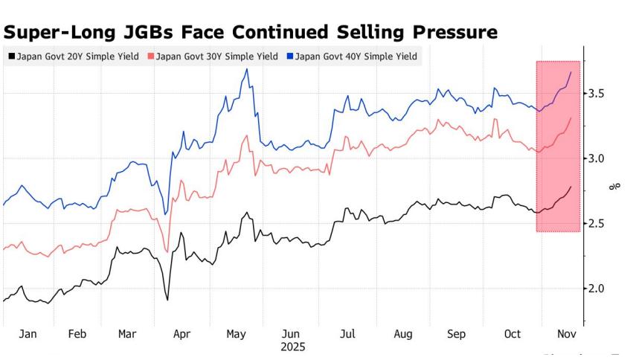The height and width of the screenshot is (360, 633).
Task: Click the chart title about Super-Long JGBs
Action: (x=251, y=33)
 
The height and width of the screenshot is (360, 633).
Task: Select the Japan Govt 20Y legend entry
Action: (x=74, y=57)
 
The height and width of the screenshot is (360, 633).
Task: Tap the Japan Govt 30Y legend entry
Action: (x=214, y=57)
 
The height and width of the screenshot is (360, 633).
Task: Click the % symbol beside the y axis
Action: (x=615, y=187)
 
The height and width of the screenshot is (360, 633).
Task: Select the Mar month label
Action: (x=128, y=335)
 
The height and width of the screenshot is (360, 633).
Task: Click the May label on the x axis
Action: (x=237, y=335)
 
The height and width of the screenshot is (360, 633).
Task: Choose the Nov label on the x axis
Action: (x=567, y=335)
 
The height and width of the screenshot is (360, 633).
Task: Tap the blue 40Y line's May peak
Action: (x=246, y=69)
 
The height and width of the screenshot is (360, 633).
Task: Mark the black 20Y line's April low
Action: (x=167, y=300)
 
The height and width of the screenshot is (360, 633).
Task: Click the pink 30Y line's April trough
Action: (x=167, y=251)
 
